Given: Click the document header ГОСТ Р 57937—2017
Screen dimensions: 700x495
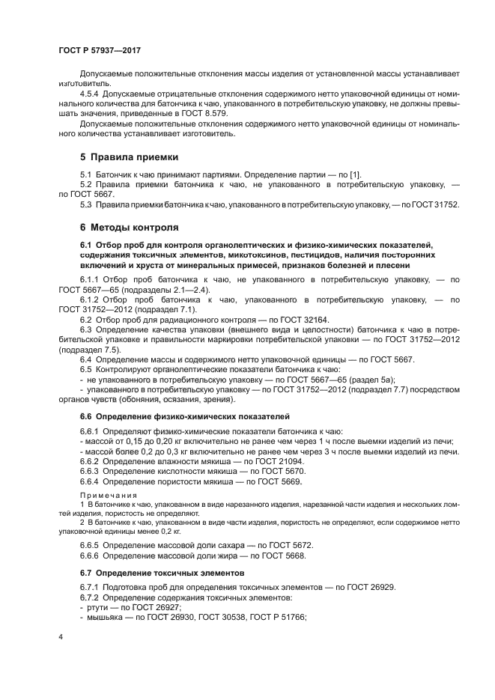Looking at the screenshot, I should (x=100, y=49).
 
